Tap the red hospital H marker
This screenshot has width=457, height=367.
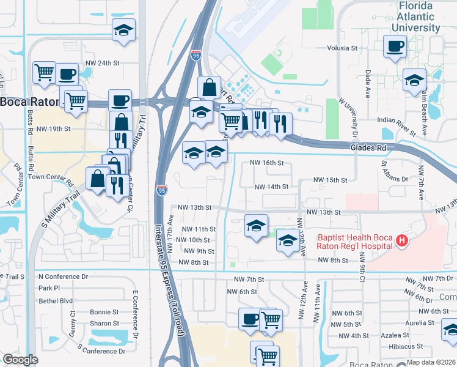[401, 241]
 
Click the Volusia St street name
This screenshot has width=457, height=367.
[342, 48]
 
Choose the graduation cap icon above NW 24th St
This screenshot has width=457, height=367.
[123, 31]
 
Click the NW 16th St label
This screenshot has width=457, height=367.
[268, 163]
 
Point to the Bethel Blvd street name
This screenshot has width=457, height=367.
[56, 301]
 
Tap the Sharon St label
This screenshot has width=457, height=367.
[104, 324]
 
